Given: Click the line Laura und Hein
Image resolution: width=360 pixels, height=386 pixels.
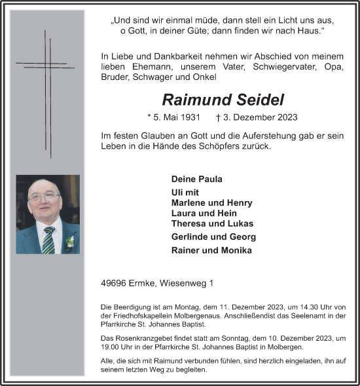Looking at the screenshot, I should [204, 213].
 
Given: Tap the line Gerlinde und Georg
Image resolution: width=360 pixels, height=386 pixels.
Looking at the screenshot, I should [213, 237].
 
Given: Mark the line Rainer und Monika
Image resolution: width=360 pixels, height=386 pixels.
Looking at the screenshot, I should [210, 250].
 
